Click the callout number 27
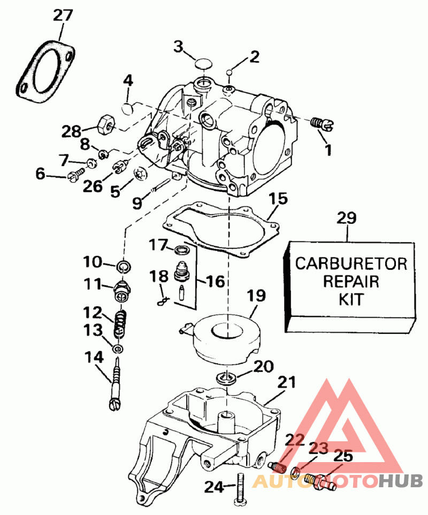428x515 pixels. [63, 15]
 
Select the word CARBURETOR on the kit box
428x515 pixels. [351, 263]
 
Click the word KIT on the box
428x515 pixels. [351, 299]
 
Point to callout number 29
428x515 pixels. [347, 218]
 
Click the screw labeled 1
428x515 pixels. [321, 123]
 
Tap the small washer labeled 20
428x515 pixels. [227, 379]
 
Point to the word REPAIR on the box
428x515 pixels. [351, 281]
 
